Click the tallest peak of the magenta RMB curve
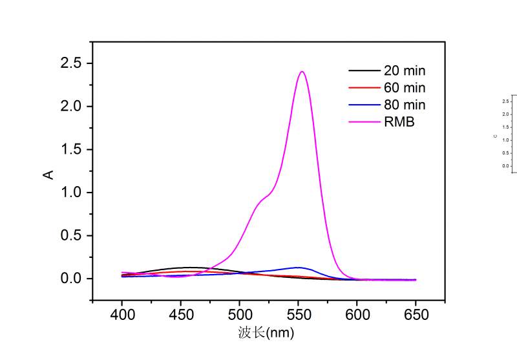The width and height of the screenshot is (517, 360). tap(302, 72)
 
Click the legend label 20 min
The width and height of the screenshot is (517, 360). tap(405, 70)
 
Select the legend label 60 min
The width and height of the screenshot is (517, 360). tap(405, 88)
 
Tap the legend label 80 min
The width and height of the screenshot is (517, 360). tap(405, 105)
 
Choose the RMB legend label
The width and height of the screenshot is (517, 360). tap(399, 122)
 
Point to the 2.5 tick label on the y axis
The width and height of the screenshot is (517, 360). tap(72, 63)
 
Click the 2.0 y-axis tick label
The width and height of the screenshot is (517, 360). tap(72, 107)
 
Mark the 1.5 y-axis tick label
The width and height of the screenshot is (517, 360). tap(72, 149)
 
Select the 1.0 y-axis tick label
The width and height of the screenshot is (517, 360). tap(72, 193)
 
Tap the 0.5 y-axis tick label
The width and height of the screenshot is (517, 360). tap(72, 235)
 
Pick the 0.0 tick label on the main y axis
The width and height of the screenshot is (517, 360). tap(72, 279)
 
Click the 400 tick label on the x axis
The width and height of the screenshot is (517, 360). tap(121, 315)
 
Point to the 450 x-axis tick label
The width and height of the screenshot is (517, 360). tap(180, 315)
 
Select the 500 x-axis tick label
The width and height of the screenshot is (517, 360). tap(239, 315)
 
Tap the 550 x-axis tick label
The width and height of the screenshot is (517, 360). tap(298, 315)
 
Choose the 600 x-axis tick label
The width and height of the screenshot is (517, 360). tap(357, 315)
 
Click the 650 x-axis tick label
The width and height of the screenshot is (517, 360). tap(416, 315)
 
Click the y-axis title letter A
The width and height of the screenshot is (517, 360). tap(48, 174)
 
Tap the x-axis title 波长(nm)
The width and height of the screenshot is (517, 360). tap(266, 334)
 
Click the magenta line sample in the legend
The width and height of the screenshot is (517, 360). tap(362, 122)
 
